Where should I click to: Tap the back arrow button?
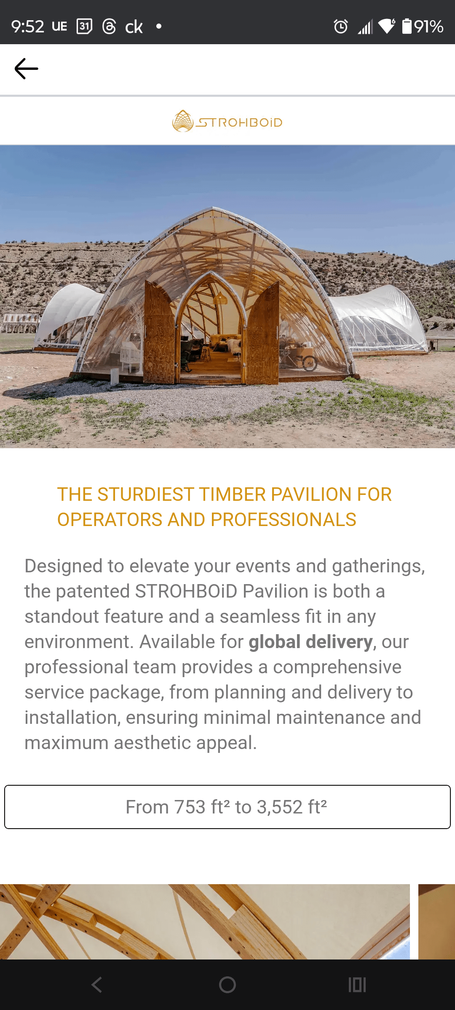26,69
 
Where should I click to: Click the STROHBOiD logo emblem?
183,121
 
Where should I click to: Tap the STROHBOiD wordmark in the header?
239,122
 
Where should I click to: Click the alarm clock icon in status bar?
341,27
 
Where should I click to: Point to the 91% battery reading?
428,27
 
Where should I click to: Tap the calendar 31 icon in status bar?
84,27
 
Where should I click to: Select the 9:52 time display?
28,27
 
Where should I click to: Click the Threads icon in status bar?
109,27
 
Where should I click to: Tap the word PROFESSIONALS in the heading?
284,520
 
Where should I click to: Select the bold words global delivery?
310,642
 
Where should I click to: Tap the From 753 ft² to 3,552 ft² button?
227,807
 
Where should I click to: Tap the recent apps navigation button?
357,985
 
